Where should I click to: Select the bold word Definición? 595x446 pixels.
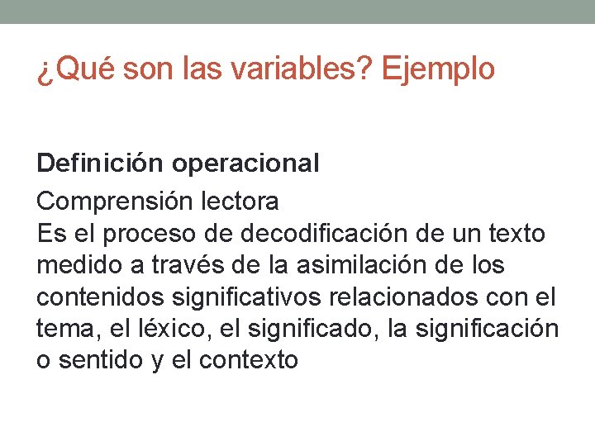[101, 164]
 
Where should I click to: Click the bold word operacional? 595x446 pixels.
[245, 164]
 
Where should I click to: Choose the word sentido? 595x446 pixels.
[102, 360]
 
